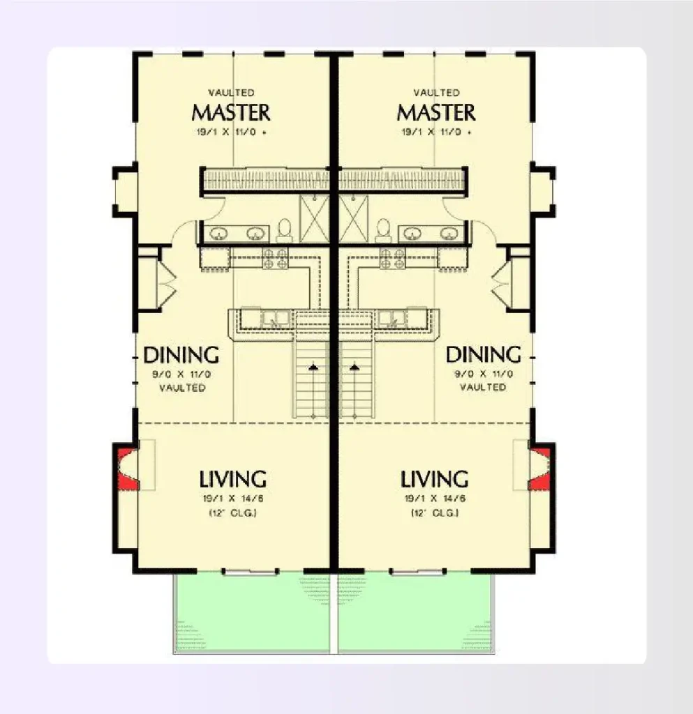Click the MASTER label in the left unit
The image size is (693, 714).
click(231, 112)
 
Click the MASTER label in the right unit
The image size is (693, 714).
click(436, 112)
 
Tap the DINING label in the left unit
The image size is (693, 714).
click(181, 355)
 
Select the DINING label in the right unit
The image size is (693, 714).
click(484, 355)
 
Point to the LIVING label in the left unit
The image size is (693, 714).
click(233, 480)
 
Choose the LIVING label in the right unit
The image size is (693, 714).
click(434, 480)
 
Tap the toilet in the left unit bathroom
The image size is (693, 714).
click(284, 229)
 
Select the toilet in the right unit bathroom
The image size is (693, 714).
click(382, 229)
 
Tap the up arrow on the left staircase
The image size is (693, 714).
click(314, 365)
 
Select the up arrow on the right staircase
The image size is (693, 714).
click(354, 365)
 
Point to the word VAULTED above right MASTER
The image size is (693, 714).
click(436, 93)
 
